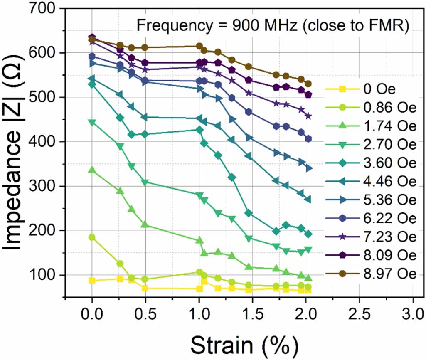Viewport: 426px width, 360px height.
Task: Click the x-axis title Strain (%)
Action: coord(244,343)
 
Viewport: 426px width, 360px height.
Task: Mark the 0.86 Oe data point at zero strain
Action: coord(92,237)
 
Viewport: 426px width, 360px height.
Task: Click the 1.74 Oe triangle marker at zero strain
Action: coord(92,170)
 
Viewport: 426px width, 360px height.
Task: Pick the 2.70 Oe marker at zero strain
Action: coord(92,122)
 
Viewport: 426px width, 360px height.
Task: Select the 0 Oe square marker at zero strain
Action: coord(92,281)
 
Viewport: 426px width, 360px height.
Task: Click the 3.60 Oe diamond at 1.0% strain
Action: coord(199,130)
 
